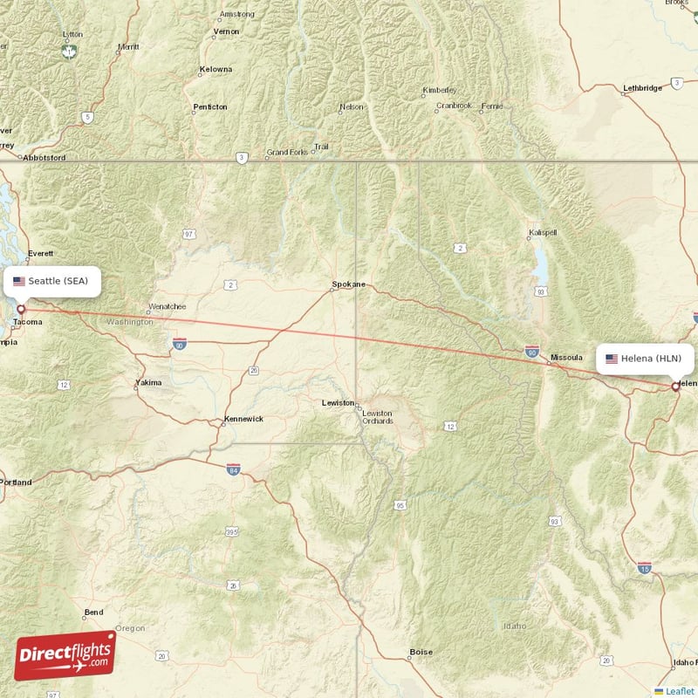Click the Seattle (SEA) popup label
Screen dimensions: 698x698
click(52, 281)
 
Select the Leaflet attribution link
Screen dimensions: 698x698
click(679, 691)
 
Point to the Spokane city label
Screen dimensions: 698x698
click(349, 284)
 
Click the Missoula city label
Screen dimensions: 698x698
click(566, 358)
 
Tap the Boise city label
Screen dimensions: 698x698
click(421, 652)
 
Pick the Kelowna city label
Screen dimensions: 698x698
click(216, 69)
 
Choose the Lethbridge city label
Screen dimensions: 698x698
click(643, 88)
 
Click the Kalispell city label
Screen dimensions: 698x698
click(543, 233)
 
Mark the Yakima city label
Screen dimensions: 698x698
click(148, 383)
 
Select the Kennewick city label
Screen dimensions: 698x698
click(243, 419)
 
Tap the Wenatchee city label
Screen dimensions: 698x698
click(168, 307)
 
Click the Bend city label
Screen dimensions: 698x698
click(93, 612)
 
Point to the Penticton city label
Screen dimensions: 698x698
click(210, 107)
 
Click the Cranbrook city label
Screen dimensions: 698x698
click(454, 106)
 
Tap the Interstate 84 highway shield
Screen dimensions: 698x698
click(233, 470)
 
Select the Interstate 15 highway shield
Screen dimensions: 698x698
click(645, 568)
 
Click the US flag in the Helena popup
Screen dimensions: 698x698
click(612, 359)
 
